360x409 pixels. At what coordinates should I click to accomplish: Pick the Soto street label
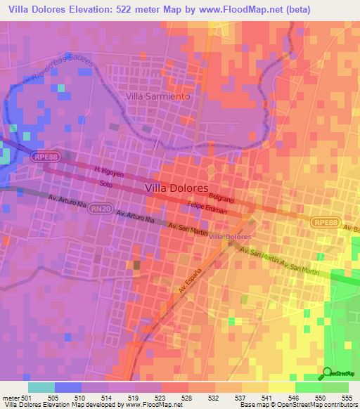pos(105,184)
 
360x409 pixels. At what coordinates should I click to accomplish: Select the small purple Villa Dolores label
pos(231,236)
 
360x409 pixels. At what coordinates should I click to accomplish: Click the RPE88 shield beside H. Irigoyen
pos(43,160)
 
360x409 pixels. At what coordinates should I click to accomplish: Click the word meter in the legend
pos(10,397)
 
